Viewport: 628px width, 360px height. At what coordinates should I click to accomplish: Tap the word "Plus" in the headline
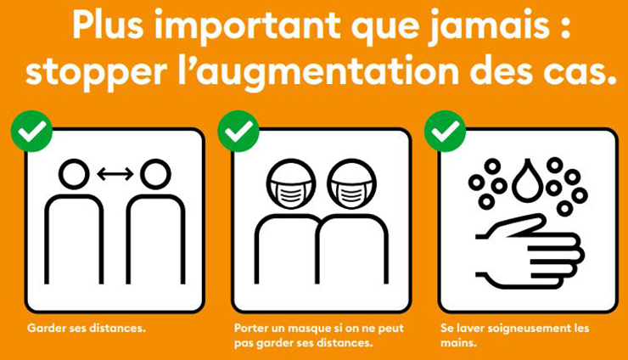coord(108,24)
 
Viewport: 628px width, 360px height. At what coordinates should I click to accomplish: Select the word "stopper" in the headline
coord(96,73)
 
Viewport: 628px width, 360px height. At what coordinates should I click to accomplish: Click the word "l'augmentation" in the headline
coord(318,71)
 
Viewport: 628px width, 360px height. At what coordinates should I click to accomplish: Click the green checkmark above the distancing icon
coord(31,131)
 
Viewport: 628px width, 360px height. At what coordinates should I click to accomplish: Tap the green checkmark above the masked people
coord(238,131)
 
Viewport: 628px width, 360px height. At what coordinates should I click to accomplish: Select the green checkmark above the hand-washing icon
coord(445,131)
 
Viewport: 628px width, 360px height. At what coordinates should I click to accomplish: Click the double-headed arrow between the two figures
coord(115,174)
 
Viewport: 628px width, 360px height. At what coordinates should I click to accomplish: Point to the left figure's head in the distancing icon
coord(74,174)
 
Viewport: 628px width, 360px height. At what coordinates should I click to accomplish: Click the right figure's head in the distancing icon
coord(155,174)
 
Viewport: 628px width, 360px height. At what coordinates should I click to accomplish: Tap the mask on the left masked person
coord(291,193)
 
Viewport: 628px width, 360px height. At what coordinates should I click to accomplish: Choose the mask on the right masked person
coord(351,193)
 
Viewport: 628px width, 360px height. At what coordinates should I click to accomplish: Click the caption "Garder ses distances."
coord(86,328)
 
